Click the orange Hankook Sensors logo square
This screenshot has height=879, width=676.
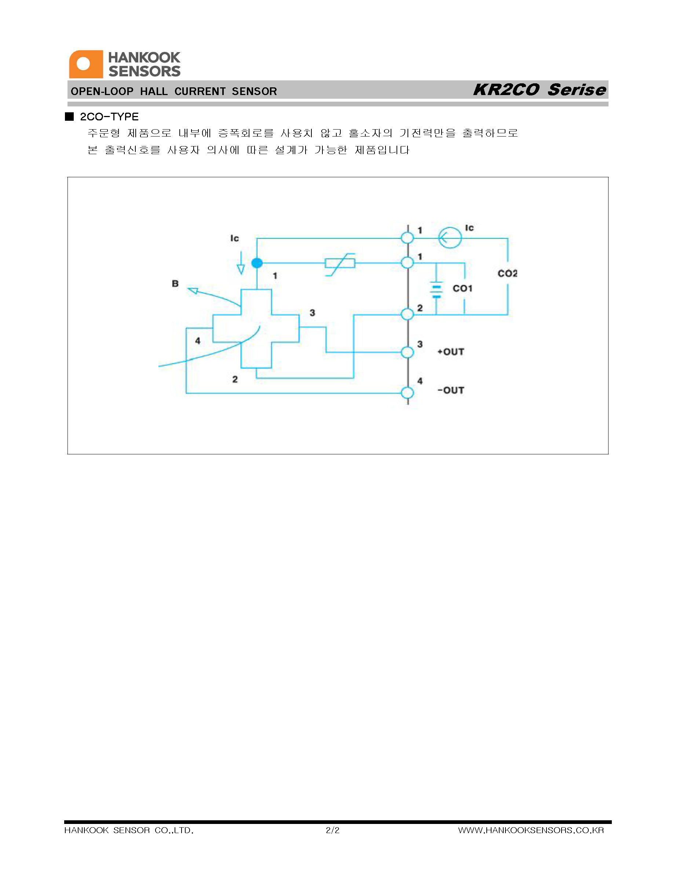[86, 64]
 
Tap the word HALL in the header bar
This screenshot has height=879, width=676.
[154, 91]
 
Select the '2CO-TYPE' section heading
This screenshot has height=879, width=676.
[109, 117]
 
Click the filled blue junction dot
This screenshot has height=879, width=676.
[257, 263]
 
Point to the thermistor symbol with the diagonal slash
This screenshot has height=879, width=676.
[340, 264]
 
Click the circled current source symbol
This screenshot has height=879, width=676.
[450, 237]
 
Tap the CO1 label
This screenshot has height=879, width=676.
[463, 288]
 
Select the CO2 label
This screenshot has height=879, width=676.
[507, 273]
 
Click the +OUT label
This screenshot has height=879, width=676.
[450, 352]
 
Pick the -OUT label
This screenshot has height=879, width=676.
[450, 391]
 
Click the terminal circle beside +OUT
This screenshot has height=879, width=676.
[408, 352]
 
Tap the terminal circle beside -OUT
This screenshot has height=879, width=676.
[408, 392]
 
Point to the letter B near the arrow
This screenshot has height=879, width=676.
[175, 283]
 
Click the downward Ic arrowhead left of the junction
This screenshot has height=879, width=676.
[241, 269]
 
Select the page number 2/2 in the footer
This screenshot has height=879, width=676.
[333, 830]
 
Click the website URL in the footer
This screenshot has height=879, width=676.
[531, 830]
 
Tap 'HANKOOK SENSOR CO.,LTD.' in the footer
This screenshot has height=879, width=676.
[129, 830]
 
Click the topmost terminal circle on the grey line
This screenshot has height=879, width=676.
[408, 237]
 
